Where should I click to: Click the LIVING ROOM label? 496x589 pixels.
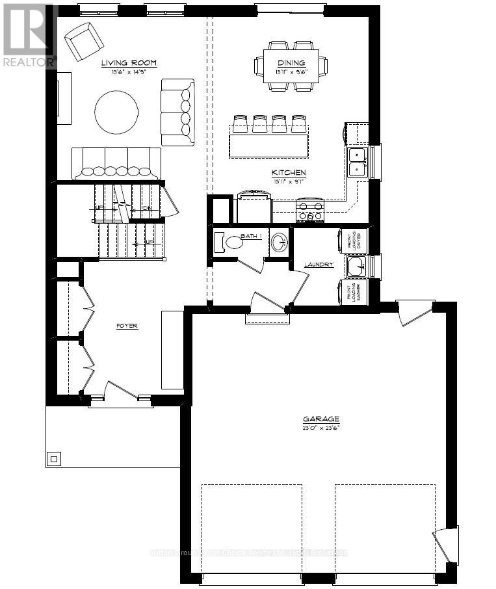pyautogui.click(x=129, y=63)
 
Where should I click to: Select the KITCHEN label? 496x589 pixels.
pyautogui.click(x=289, y=172)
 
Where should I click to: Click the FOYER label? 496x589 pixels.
pyautogui.click(x=127, y=326)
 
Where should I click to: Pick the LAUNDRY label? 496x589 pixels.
pyautogui.click(x=319, y=265)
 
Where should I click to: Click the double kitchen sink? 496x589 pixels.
pyautogui.click(x=357, y=161)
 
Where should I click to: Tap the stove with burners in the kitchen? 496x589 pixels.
pyautogui.click(x=310, y=211)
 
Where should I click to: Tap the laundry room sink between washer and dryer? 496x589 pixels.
pyautogui.click(x=356, y=266)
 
